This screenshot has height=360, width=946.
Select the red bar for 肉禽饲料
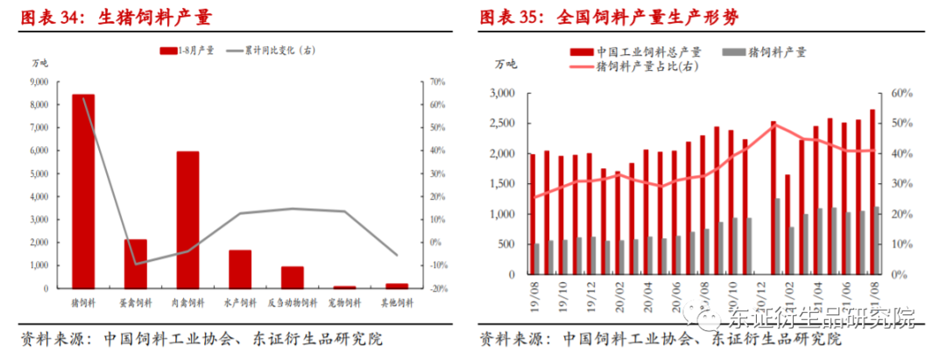187,219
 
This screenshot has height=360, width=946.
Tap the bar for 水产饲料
240,269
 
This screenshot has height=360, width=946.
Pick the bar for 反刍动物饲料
292,277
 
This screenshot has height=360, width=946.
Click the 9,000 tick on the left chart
39,82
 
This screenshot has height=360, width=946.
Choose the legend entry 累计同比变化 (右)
272,50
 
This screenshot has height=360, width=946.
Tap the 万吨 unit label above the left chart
41,63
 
